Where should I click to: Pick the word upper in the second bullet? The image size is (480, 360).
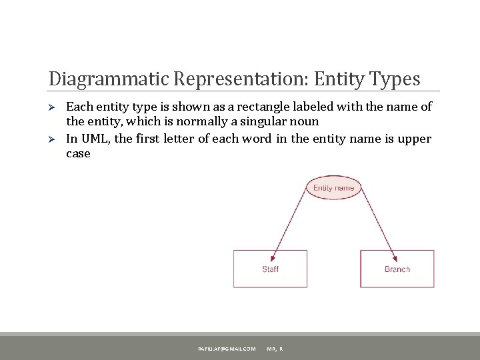tap(416, 139)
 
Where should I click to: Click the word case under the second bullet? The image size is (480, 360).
tap(77, 153)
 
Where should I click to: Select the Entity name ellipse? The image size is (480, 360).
tap(333, 188)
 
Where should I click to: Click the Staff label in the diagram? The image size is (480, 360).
tap(270, 269)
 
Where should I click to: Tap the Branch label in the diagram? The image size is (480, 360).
tap(397, 269)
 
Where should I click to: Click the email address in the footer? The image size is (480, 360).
tap(226, 348)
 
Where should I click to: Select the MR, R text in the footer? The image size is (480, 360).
tap(275, 348)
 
